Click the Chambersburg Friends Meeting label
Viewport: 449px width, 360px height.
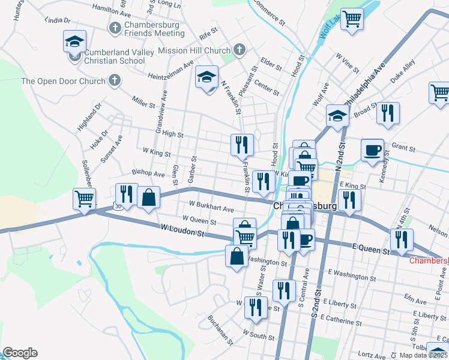pyautogui.click(x=155, y=28)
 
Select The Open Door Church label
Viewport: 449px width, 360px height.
pyautogui.click(x=63, y=81)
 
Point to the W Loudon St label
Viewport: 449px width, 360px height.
pyautogui.click(x=183, y=229)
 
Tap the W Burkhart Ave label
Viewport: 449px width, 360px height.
pyautogui.click(x=211, y=207)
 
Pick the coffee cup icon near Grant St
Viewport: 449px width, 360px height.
pyautogui.click(x=372, y=149)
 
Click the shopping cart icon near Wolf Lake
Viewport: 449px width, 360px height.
pyautogui.click(x=351, y=19)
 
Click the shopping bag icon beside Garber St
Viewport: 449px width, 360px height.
pyautogui.click(x=148, y=198)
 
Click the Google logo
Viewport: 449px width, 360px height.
pyautogui.click(x=20, y=353)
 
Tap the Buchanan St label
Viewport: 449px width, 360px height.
pyautogui.click(x=220, y=331)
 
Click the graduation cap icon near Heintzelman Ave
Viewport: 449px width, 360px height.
pyautogui.click(x=206, y=78)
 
